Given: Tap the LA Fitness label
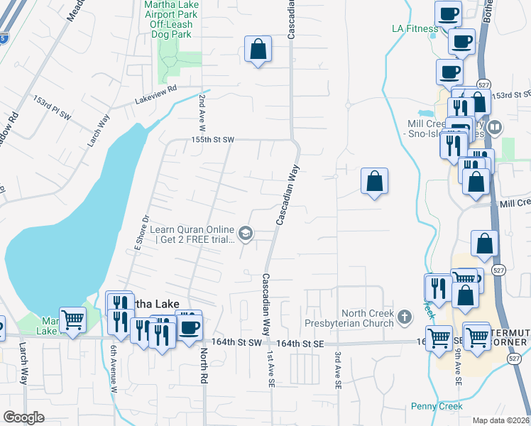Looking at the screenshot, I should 415,28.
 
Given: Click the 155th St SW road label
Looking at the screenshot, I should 212,140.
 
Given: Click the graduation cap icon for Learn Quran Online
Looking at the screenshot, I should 246,233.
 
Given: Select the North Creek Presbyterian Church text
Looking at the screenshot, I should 367,318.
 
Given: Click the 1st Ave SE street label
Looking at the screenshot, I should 271,368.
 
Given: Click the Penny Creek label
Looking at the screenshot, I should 437,406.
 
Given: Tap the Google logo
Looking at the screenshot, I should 23,417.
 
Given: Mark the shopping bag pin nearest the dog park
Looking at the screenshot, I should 258,50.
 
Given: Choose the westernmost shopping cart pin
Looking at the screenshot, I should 72,321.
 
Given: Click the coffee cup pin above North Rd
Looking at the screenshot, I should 189,327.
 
